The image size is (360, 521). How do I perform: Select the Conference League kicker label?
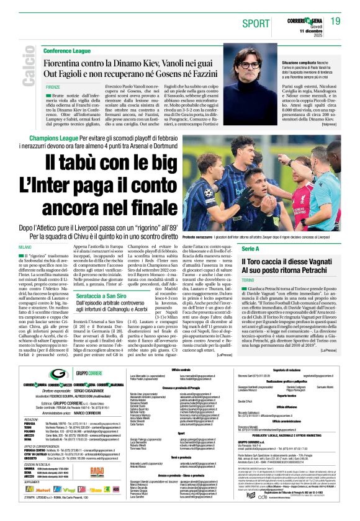click(x=67, y=50)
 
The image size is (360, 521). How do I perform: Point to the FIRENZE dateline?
click(x=53, y=87)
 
